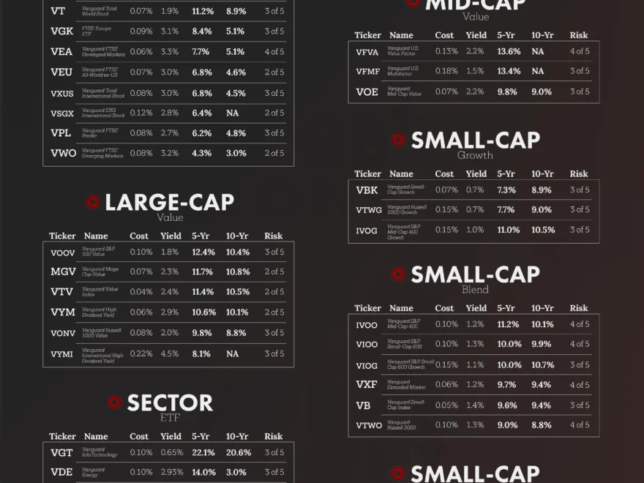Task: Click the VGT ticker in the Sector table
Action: [x=61, y=453]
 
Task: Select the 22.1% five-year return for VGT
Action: [x=203, y=453]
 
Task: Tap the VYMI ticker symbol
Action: [x=61, y=354]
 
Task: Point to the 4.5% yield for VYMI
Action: [x=170, y=354]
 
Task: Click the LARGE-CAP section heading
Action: [x=169, y=203]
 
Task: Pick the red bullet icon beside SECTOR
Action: [x=114, y=402]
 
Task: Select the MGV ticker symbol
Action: [x=63, y=272]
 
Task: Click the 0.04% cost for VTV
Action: [x=141, y=292]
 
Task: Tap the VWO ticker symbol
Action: [x=63, y=153]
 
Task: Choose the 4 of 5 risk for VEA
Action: [x=274, y=52]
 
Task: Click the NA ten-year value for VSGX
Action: [x=233, y=113]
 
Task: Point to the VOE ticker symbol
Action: [x=367, y=92]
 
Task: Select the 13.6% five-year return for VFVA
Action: [x=509, y=51]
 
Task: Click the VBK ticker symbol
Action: [x=367, y=190]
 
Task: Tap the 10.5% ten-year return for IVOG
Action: [x=542, y=230]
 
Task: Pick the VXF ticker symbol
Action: [x=367, y=385]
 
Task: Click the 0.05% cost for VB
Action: [x=446, y=405]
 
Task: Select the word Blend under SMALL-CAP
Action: [x=475, y=290]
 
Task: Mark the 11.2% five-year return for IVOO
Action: [x=508, y=324]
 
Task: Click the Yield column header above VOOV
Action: [x=171, y=236]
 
